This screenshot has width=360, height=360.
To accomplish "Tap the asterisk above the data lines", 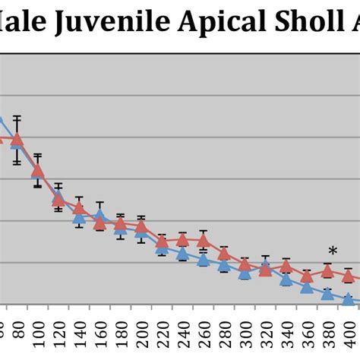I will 333,252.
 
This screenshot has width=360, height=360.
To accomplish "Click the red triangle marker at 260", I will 204,242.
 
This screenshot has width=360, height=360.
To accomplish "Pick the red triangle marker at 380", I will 327,271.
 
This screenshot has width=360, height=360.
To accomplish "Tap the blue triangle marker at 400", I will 348,299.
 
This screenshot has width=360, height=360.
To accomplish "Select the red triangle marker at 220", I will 162,242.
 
